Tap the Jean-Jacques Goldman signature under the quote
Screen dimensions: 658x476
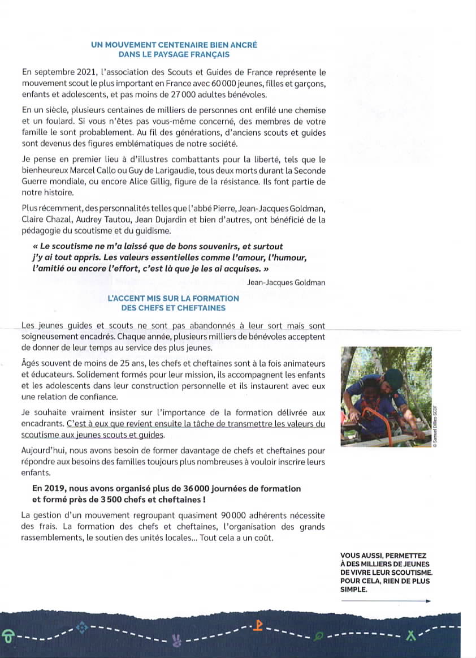click(x=286, y=282)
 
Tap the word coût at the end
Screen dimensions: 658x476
click(x=263, y=537)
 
